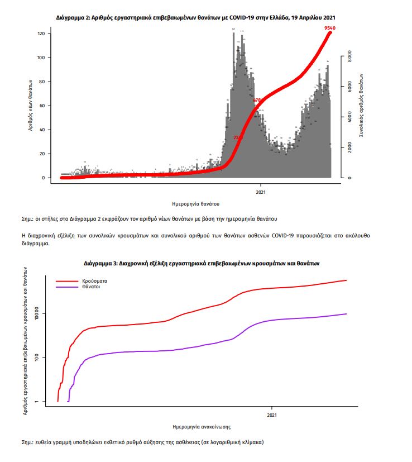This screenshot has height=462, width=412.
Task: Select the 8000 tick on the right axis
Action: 349,57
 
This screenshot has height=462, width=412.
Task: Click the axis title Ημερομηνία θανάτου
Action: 195,204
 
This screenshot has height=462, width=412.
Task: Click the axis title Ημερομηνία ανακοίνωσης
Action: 202,427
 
